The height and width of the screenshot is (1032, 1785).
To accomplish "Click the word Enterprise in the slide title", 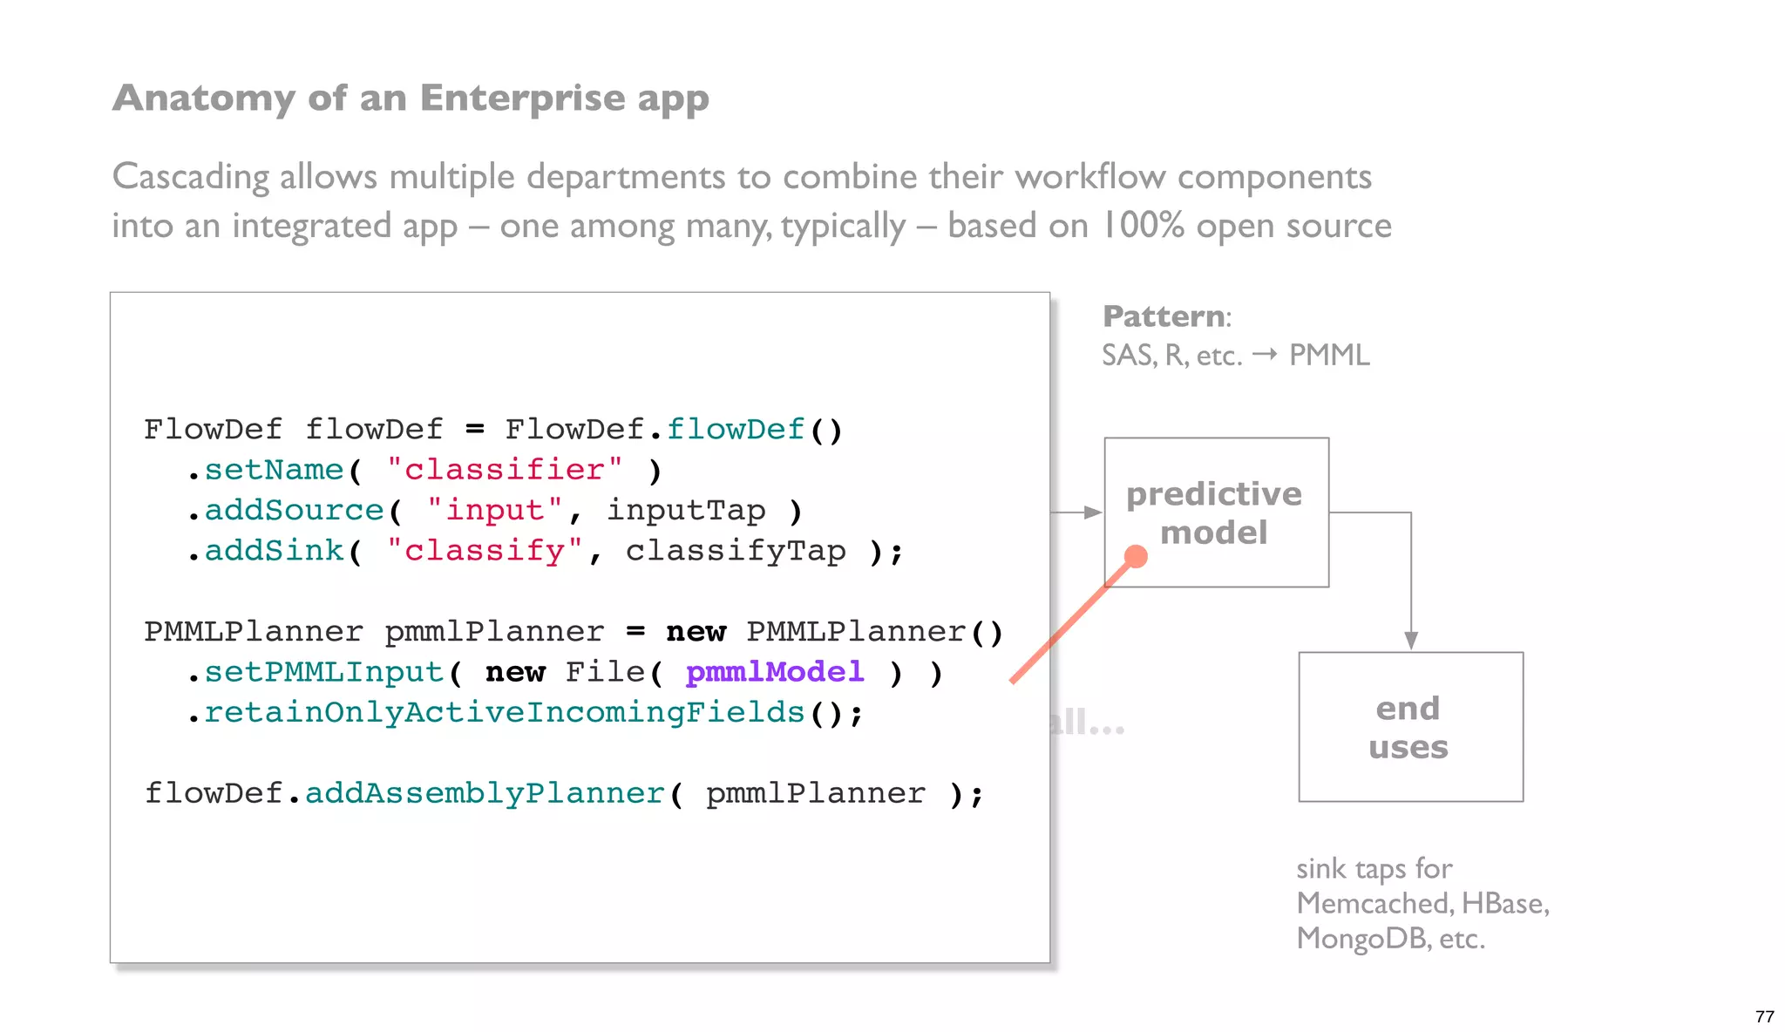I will pyautogui.click(x=522, y=98).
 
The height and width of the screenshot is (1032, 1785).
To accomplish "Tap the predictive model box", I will pyautogui.click(x=1215, y=512).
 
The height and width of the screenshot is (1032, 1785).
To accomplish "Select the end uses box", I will pyautogui.click(x=1409, y=726).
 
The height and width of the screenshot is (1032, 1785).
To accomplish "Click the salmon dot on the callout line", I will pyautogui.click(x=1135, y=556).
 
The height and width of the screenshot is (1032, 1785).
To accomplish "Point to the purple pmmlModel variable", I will pyautogui.click(x=774, y=672).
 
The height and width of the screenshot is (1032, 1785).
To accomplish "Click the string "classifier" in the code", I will pyautogui.click(x=504, y=470).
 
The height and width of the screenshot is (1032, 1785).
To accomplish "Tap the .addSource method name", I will pyautogui.click(x=294, y=510).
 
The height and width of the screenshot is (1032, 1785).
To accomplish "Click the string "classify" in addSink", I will pyautogui.click(x=484, y=551).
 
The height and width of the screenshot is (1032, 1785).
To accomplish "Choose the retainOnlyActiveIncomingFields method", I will pyautogui.click(x=503, y=713).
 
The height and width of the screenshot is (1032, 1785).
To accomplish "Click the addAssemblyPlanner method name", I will pyautogui.click(x=485, y=793).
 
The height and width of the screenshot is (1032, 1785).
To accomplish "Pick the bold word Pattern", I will pyautogui.click(x=1163, y=316).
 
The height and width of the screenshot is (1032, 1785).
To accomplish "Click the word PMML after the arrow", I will pyautogui.click(x=1329, y=356).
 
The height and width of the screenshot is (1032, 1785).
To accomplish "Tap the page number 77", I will pyautogui.click(x=1764, y=1016).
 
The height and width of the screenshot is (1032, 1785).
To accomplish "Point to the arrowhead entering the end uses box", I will pyautogui.click(x=1410, y=641).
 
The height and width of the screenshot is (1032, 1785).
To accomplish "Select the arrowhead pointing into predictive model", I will pyautogui.click(x=1092, y=513).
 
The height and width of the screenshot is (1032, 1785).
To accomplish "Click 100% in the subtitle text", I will pyautogui.click(x=1142, y=226).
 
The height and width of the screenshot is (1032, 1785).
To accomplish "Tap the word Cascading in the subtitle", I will pyautogui.click(x=190, y=177).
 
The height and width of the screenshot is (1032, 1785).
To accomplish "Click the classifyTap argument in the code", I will pyautogui.click(x=735, y=551).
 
